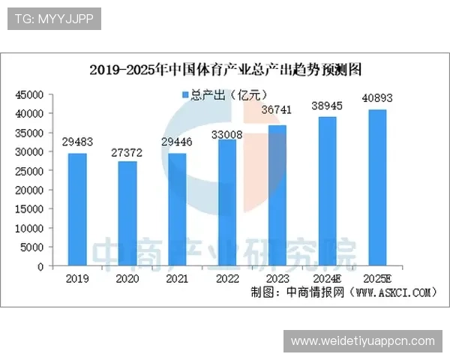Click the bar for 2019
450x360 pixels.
coord(77,209)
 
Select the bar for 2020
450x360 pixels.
coord(127,214)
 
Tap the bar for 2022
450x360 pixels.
coord(227,202)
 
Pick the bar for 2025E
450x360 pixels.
coord(377,187)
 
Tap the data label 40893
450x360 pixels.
coord(377,97)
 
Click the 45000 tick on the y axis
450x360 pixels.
coord(31,94)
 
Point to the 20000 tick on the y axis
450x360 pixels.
coord(31,190)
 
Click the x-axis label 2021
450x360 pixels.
coord(177,278)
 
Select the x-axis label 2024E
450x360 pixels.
coord(328,278)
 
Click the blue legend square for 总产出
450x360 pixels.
coord(185,94)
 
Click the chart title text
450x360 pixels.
coord(226,70)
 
